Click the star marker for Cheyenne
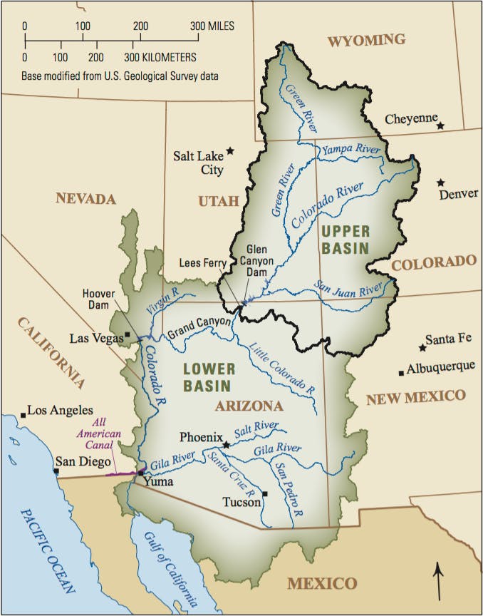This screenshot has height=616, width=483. tap(441, 125)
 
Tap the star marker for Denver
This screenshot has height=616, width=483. tap(442, 183)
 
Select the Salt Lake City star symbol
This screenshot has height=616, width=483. tap(230, 151)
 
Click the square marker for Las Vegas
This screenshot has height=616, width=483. tap(128, 334)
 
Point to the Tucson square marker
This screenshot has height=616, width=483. tap(265, 493)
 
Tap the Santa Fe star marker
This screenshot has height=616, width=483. tap(422, 348)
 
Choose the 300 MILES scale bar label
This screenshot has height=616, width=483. tap(212, 26)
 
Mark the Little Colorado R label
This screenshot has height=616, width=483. tap(284, 369)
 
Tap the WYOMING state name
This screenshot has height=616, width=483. tap(366, 40)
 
